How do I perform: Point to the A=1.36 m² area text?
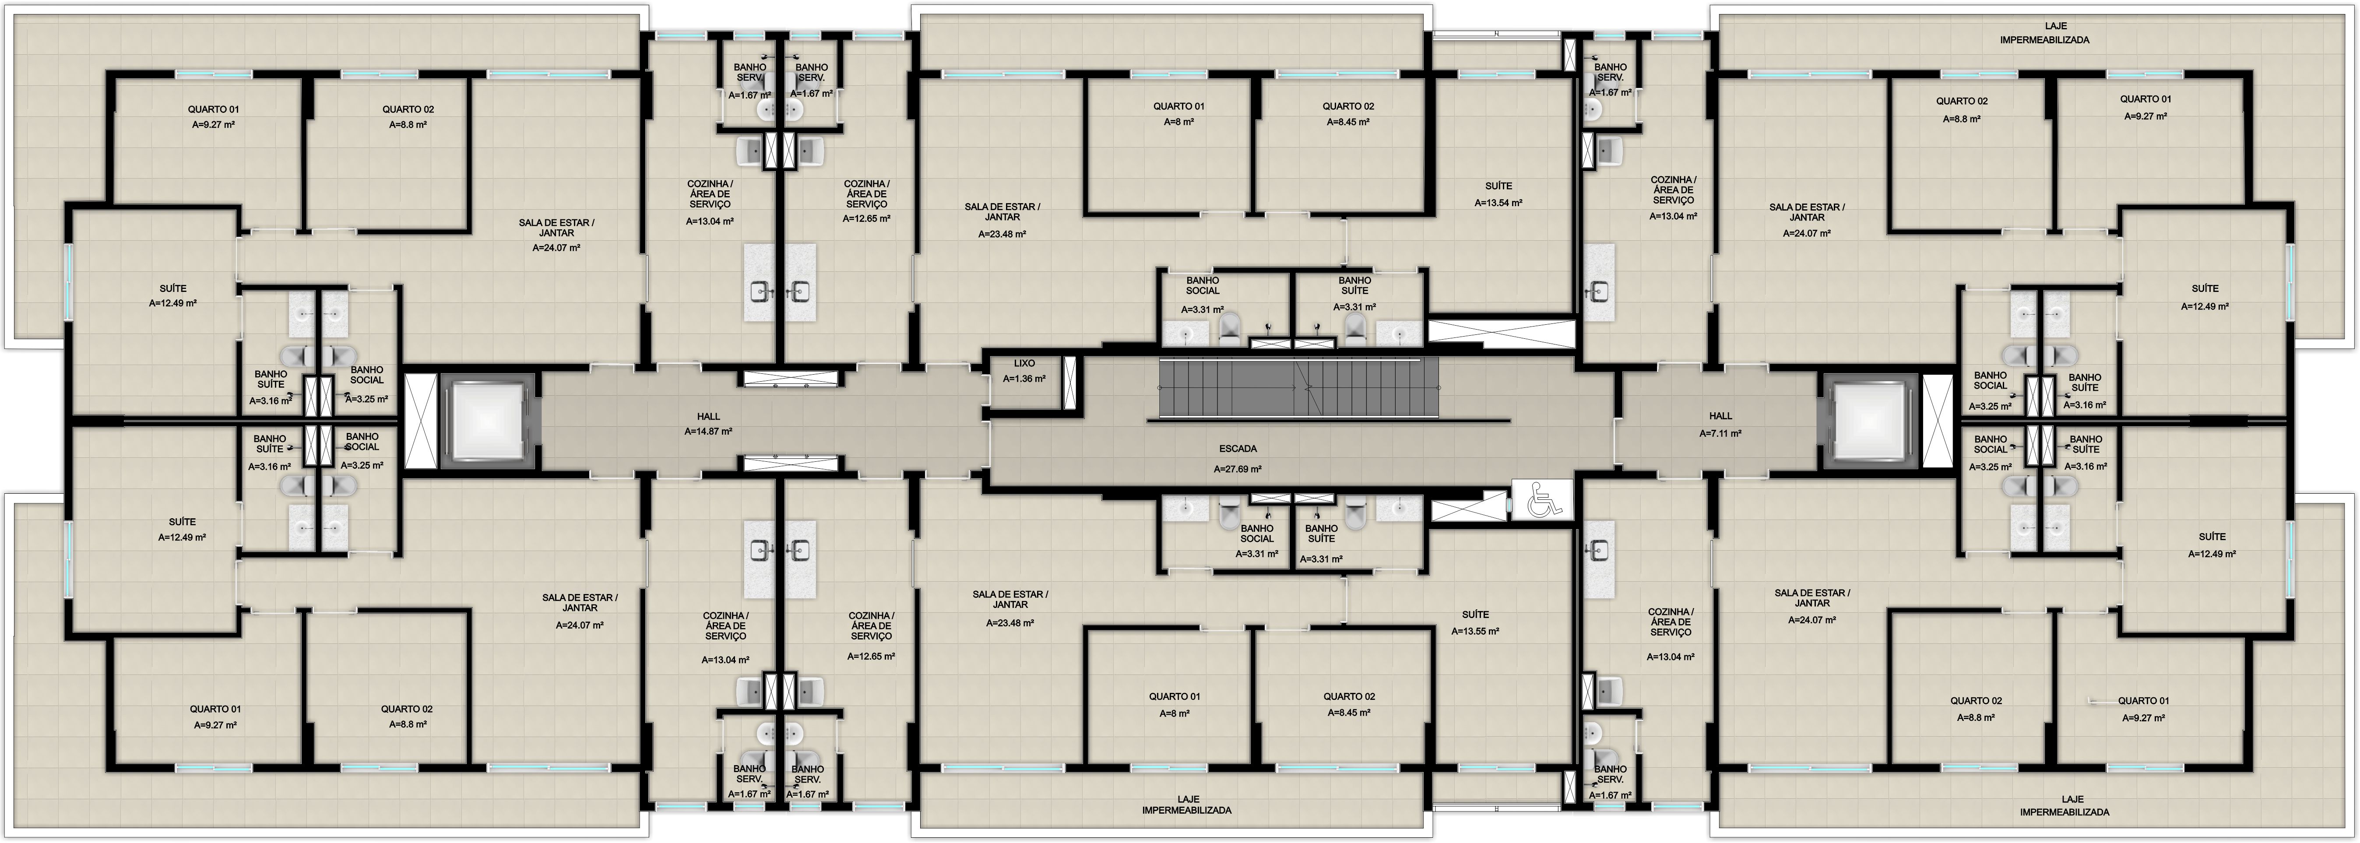[1024, 379]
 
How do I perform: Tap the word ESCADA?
[1238, 449]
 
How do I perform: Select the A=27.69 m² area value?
[1238, 469]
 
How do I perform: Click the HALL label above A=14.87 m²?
[708, 416]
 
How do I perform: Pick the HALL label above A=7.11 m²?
[1720, 416]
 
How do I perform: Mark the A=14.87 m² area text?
[708, 432]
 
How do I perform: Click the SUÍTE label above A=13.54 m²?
[1499, 186]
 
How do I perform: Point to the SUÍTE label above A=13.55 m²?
[1475, 615]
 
